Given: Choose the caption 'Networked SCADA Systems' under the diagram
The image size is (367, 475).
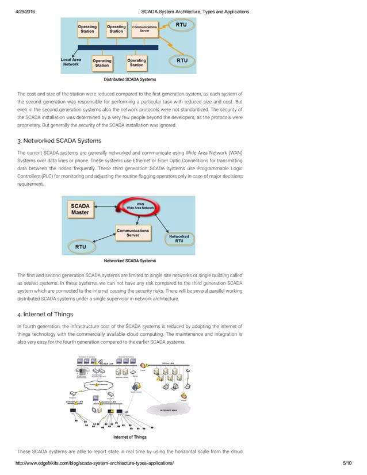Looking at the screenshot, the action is click(x=129, y=261).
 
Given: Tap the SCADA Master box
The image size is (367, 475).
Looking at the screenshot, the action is click(x=80, y=209).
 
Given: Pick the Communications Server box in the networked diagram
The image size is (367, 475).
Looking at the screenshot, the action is click(x=132, y=233).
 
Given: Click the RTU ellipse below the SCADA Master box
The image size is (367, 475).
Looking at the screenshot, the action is click(x=81, y=247).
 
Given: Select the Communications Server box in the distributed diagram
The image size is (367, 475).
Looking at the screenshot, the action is click(x=145, y=28).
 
